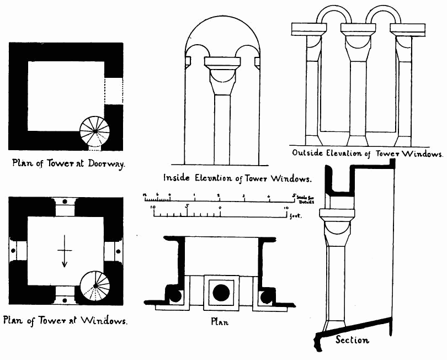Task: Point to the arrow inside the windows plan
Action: click(x=65, y=251)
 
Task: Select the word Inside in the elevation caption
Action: click(x=177, y=178)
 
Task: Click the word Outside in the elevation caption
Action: click(x=310, y=153)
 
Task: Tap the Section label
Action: click(x=352, y=340)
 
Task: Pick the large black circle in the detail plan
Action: click(x=221, y=292)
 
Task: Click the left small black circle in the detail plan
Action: click(x=175, y=297)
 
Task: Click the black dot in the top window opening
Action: click(x=65, y=199)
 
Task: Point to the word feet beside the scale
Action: click(x=296, y=217)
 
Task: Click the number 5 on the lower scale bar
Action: click(x=187, y=207)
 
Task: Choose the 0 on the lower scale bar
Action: click(x=220, y=207)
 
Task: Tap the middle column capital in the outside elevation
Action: click(x=358, y=39)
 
